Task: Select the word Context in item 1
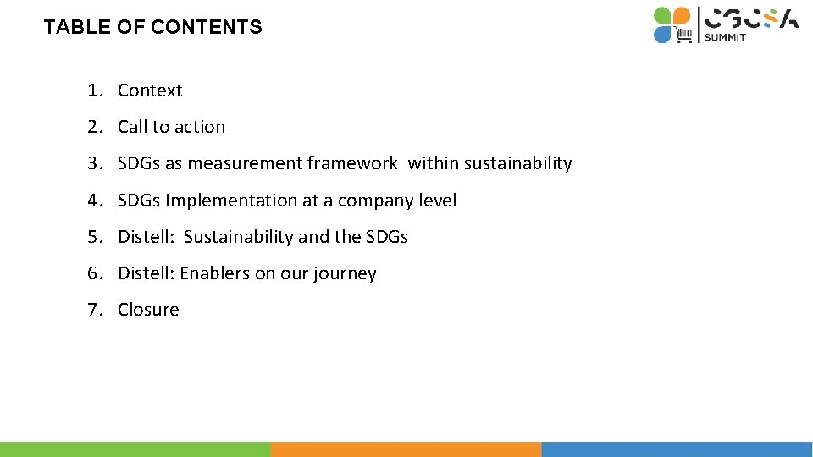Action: click(x=150, y=91)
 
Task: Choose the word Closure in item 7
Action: click(x=148, y=310)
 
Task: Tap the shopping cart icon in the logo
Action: click(x=683, y=35)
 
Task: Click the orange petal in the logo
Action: click(x=682, y=16)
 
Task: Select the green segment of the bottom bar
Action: click(x=135, y=449)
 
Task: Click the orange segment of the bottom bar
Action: click(x=406, y=449)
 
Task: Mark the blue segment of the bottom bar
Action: click(x=677, y=449)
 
